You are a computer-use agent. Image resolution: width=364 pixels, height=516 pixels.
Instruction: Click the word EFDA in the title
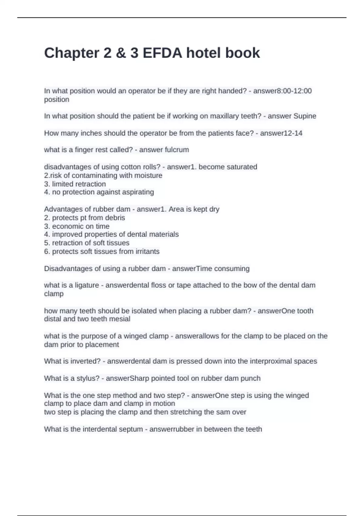(162, 53)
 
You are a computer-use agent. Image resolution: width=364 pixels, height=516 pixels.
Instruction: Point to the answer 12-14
(292, 133)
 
